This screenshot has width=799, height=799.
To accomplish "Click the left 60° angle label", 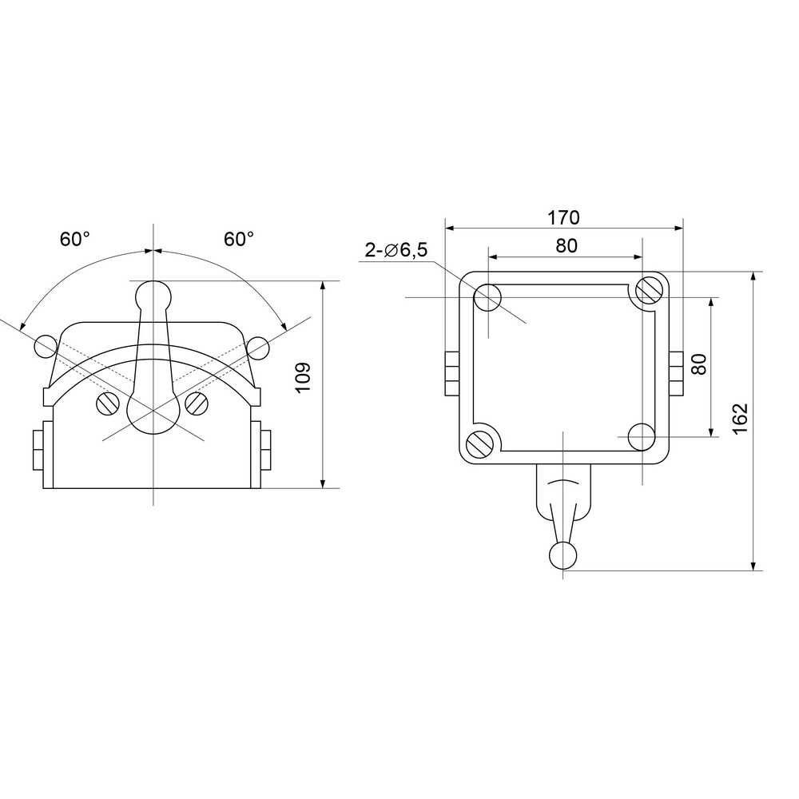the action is pyautogui.click(x=75, y=238).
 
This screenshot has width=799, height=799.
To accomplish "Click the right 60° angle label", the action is pyautogui.click(x=239, y=238).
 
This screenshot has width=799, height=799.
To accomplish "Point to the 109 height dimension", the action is pyautogui.click(x=303, y=377).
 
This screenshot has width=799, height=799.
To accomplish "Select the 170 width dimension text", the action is pyautogui.click(x=563, y=217).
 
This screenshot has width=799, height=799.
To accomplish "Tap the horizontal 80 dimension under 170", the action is pyautogui.click(x=566, y=245).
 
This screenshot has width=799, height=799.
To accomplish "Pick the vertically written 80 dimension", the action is pyautogui.click(x=700, y=364).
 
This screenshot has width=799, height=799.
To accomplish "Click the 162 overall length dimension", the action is pyautogui.click(x=741, y=419).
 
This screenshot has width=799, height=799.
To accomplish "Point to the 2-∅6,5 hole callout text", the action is pyautogui.click(x=396, y=250).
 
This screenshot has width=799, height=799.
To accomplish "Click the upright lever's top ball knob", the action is pyautogui.click(x=153, y=294).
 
